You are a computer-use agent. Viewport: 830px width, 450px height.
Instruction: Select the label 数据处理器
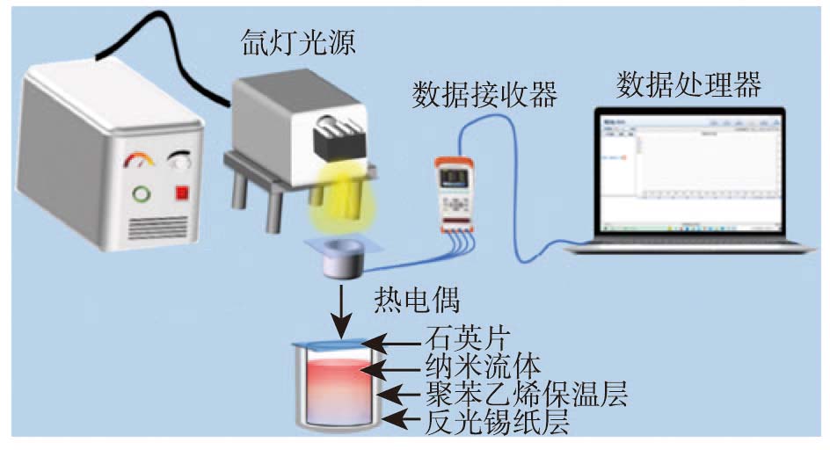(x=688, y=84)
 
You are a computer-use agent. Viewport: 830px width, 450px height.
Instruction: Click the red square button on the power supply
(x=183, y=192)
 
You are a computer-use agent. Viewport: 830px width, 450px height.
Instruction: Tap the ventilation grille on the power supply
(x=158, y=228)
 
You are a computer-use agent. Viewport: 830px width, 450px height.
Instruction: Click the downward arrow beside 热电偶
(x=339, y=308)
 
